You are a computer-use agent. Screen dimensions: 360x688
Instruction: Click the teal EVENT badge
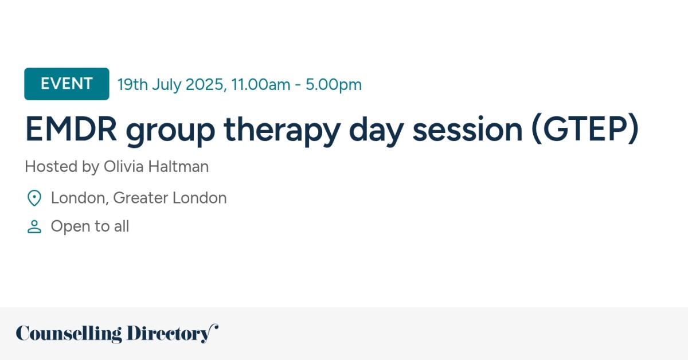67,84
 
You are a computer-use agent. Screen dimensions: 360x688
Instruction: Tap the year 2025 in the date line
205,85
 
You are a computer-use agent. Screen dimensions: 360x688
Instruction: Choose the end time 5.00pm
334,85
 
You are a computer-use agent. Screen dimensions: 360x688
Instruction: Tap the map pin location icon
34,198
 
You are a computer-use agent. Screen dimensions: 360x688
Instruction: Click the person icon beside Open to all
34,227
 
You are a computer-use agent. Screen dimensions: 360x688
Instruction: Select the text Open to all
90,227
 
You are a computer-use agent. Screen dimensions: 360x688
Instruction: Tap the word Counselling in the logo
69,334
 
